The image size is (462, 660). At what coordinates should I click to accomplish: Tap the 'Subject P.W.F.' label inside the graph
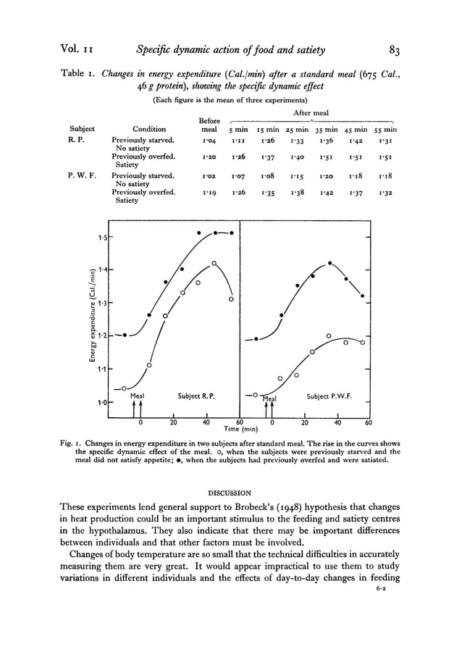click(x=330, y=396)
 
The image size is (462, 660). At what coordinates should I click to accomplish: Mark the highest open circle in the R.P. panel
click(x=215, y=263)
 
